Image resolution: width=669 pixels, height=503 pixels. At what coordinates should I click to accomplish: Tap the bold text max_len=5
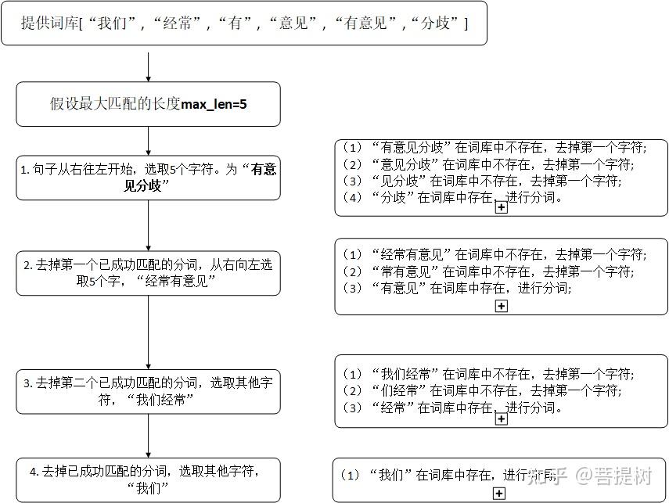214,103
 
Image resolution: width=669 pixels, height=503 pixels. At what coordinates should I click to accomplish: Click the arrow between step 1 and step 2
149,225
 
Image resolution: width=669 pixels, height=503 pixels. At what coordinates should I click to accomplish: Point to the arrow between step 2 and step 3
149,332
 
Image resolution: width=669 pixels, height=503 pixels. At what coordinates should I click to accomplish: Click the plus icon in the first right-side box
502,208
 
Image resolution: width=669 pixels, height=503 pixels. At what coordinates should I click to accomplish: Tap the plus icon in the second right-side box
502,306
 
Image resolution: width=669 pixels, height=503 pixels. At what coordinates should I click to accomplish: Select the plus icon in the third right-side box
502,419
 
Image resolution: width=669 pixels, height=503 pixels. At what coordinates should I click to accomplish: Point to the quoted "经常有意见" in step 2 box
174,281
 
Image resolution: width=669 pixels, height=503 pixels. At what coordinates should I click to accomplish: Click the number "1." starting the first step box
25,170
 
